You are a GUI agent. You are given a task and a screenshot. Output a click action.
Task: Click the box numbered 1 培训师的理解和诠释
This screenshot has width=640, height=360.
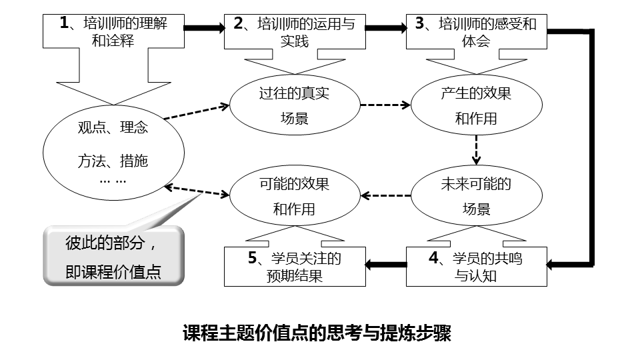pyautogui.click(x=113, y=32)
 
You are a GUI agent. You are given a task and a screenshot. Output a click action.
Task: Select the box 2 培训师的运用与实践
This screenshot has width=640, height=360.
pyautogui.click(x=295, y=32)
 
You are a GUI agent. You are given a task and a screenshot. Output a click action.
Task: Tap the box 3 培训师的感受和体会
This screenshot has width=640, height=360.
pyautogui.click(x=476, y=32)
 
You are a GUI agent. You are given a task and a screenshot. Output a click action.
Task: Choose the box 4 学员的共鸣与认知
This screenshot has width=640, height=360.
pyautogui.click(x=476, y=267)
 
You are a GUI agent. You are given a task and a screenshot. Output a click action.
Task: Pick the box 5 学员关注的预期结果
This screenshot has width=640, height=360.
pyautogui.click(x=295, y=267)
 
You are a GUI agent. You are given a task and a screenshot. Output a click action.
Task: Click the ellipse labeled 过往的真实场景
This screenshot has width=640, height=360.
pyautogui.click(x=294, y=105)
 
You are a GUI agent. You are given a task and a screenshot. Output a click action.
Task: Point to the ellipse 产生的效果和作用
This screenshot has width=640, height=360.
pyautogui.click(x=476, y=105)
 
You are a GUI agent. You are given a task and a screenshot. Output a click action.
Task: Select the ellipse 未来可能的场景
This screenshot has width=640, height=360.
pyautogui.click(x=476, y=195)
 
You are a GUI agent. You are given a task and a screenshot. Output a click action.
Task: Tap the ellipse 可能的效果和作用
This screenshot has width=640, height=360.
pyautogui.click(x=294, y=195)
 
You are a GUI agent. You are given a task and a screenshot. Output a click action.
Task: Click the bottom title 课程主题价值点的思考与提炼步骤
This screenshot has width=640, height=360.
pyautogui.click(x=317, y=333)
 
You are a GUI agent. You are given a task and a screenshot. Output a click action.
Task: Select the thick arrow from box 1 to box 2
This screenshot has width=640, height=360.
pyautogui.click(x=205, y=29)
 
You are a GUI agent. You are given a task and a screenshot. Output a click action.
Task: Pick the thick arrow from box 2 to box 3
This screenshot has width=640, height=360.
pyautogui.click(x=386, y=29)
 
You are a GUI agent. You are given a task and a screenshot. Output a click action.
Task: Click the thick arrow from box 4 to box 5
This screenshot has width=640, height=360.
pyautogui.click(x=386, y=266)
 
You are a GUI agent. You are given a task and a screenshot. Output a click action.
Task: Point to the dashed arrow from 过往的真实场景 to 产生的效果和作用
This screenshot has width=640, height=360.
pyautogui.click(x=385, y=105)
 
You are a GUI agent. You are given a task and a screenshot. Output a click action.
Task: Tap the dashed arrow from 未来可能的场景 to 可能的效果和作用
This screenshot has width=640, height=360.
pyautogui.click(x=385, y=195)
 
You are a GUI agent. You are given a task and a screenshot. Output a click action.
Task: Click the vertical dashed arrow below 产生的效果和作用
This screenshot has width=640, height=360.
pyautogui.click(x=477, y=150)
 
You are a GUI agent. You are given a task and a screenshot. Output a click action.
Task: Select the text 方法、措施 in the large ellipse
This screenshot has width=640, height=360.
pyautogui.click(x=112, y=161)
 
